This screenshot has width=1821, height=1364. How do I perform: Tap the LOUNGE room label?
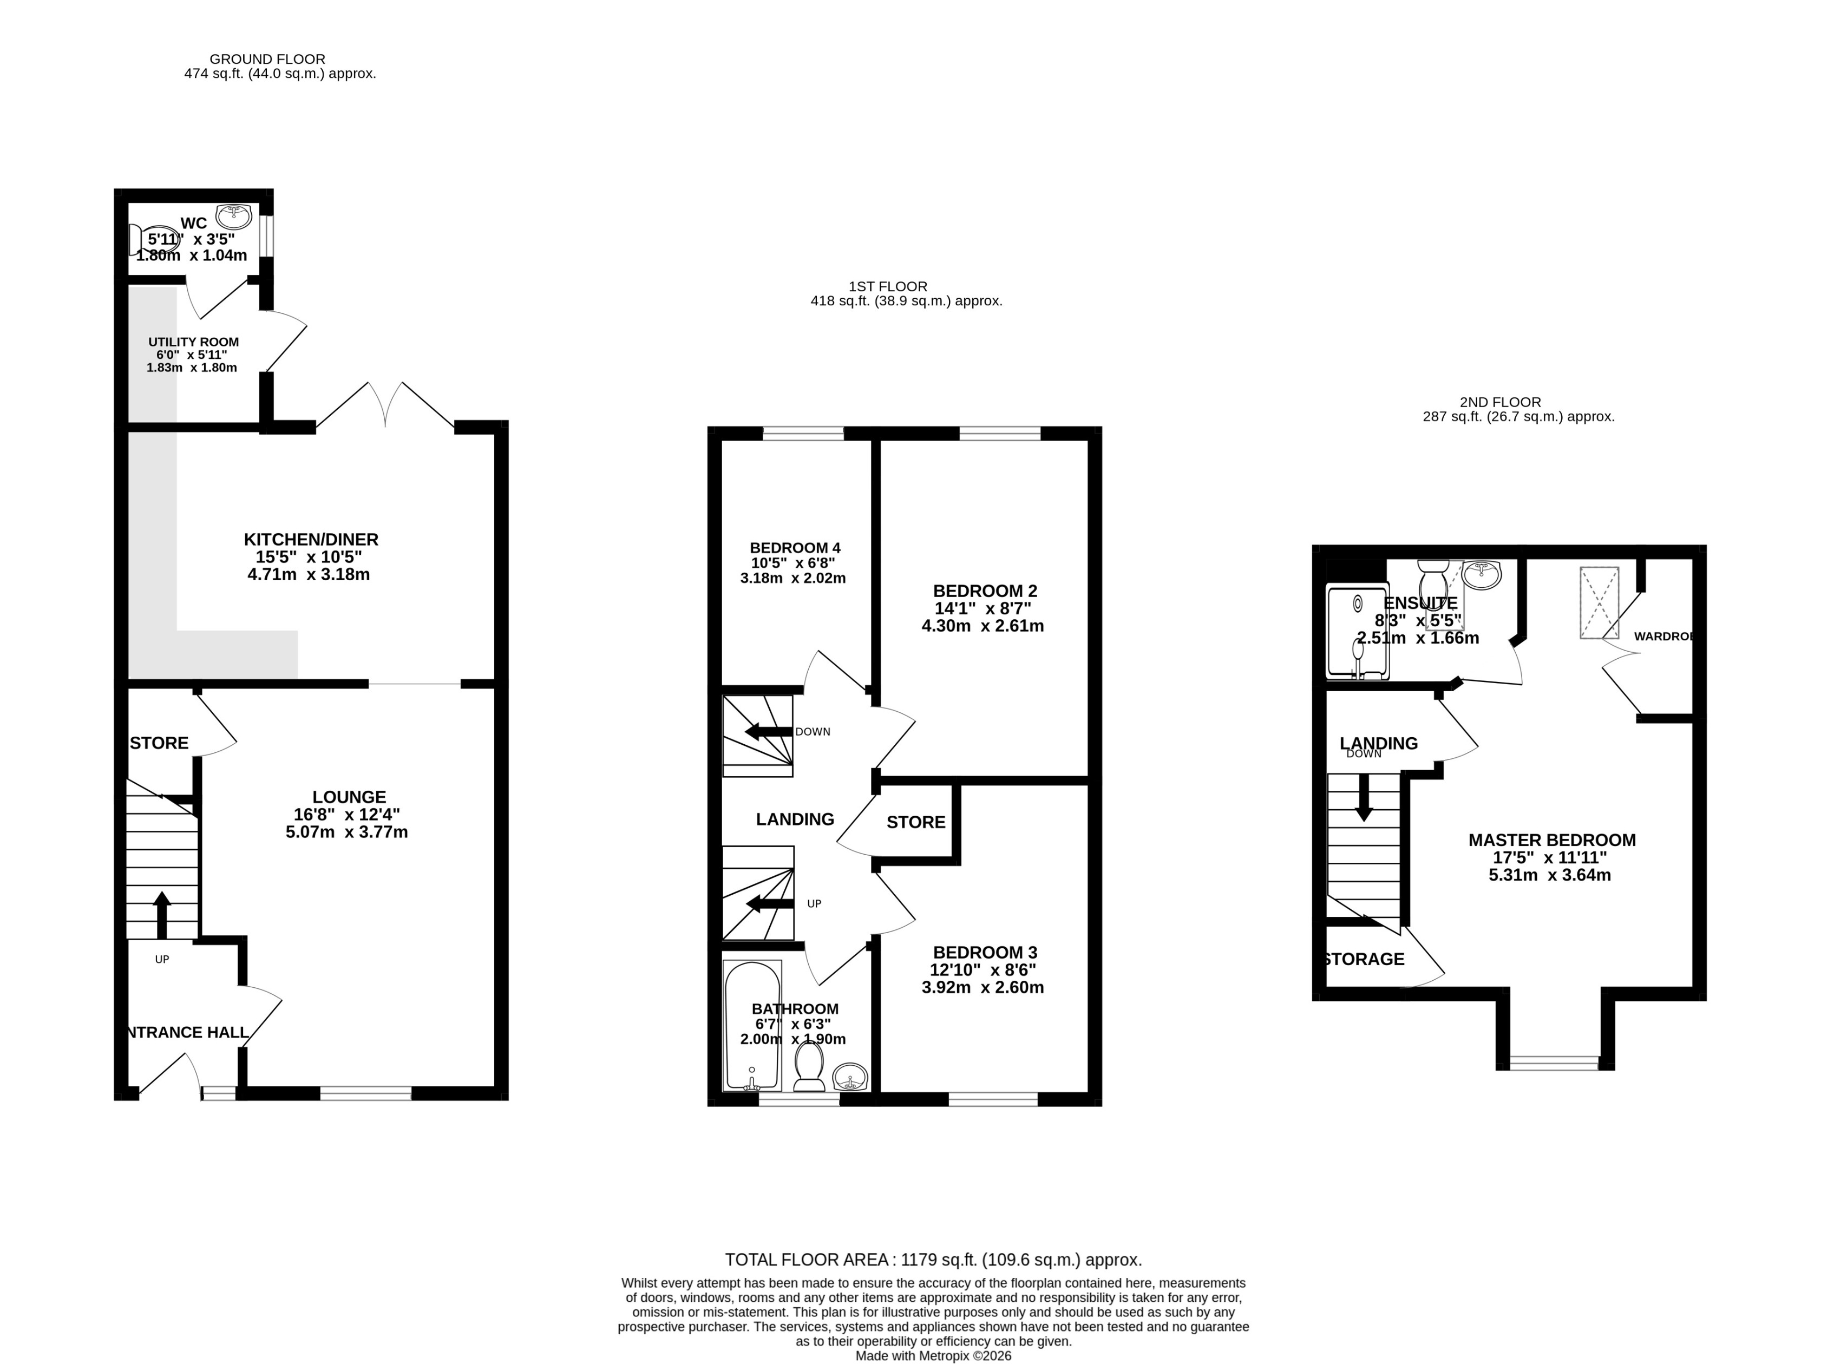coord(349,797)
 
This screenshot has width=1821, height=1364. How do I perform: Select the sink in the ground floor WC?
coord(234,217)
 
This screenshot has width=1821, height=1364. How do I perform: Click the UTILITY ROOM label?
coord(193,342)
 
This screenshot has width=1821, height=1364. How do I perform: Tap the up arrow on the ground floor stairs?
coord(161,914)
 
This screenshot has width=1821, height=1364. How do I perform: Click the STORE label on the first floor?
coord(915,822)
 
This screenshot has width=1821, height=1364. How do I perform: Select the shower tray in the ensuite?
coord(1357,632)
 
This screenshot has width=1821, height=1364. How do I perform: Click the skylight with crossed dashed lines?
coord(1598,602)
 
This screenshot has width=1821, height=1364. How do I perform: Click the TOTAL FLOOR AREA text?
coord(933,1260)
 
